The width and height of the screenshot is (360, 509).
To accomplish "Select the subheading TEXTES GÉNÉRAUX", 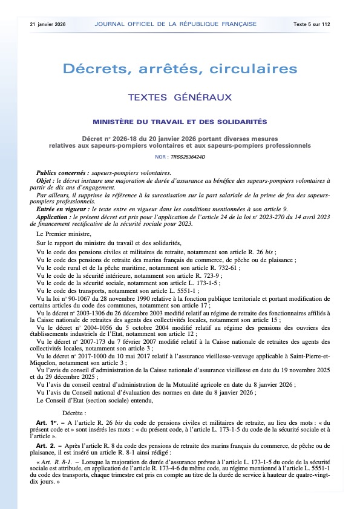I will click(x=180, y=97).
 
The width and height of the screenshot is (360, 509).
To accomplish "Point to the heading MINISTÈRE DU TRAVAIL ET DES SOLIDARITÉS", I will click(x=180, y=122).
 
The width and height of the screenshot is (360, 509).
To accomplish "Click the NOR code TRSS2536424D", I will click(x=188, y=157).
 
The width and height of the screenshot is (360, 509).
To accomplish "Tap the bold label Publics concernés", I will click(x=59, y=172).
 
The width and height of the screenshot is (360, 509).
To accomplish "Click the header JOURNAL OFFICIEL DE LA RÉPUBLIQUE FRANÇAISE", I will click(x=175, y=24).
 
